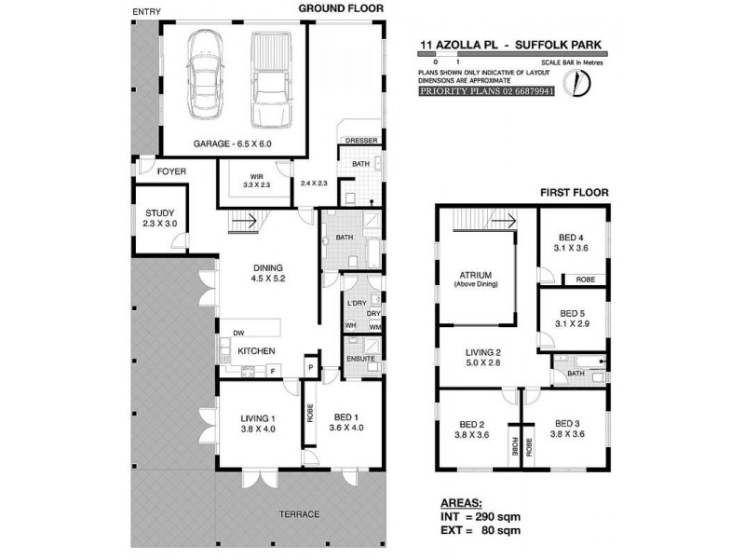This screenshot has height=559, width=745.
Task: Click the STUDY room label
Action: (x=160, y=218)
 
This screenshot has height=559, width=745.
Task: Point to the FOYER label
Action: (x=170, y=171)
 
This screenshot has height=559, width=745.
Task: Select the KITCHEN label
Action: (x=255, y=350)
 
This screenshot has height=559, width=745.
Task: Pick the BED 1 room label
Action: (x=344, y=422)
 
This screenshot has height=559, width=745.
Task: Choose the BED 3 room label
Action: (x=566, y=428)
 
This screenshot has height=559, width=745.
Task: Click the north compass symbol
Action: (x=584, y=84)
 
